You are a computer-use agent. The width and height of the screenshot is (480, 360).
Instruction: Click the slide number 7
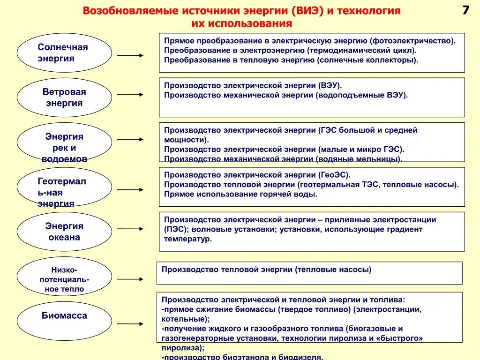point(465,10)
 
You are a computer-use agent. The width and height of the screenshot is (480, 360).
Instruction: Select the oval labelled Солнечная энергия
point(64,52)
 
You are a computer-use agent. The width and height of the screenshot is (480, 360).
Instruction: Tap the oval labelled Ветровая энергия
point(64,97)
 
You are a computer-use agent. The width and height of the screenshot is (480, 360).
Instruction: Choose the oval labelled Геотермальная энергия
point(64,187)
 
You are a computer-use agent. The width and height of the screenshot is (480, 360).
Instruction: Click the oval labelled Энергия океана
point(64,232)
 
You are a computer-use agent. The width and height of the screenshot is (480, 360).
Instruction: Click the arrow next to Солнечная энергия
point(130,55)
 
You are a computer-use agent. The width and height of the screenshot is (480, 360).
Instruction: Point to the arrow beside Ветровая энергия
point(130,94)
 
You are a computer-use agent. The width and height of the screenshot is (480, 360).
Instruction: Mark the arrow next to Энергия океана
point(130,229)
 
